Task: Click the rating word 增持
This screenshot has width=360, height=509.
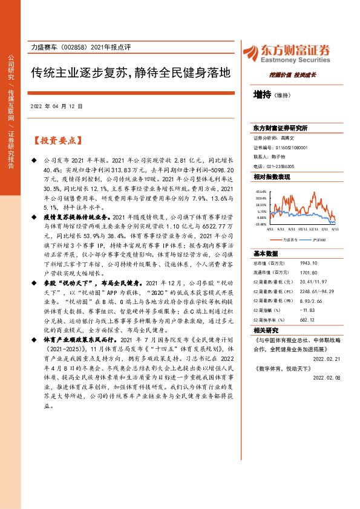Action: [262, 94]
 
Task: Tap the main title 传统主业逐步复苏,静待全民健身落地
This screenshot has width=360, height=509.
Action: [131, 74]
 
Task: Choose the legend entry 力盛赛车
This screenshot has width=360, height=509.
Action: [286, 239]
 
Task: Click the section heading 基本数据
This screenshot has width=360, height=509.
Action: [266, 254]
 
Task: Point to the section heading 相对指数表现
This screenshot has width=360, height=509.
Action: [272, 177]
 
